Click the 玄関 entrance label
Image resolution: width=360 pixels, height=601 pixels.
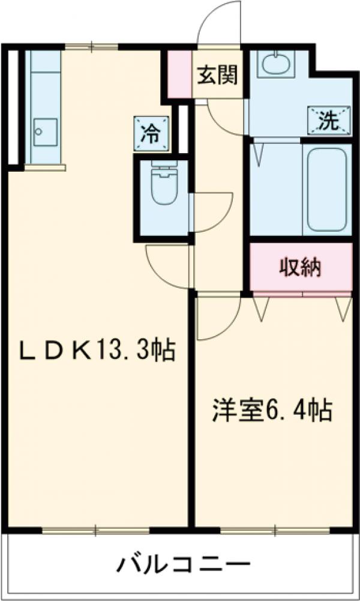tap(217, 75)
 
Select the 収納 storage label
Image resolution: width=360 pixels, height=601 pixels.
tap(300, 267)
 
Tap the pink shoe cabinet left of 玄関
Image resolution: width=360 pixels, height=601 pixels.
tap(179, 74)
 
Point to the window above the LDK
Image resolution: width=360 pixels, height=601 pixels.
tap(92, 46)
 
